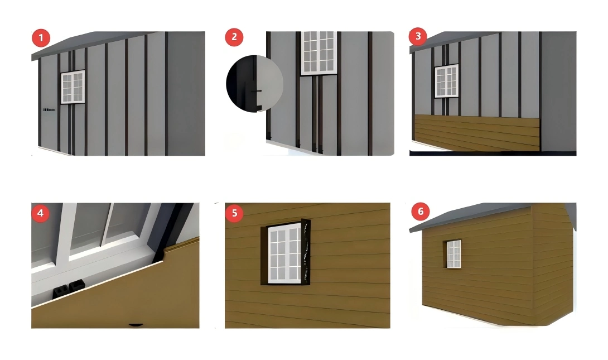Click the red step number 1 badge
[x=41, y=39]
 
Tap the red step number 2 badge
[x=234, y=37]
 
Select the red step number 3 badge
[x=418, y=37]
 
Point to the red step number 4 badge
[x=41, y=213]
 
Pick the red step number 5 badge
[x=235, y=213]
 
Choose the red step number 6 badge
[x=420, y=212]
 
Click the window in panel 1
[x=73, y=87]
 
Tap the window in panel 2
[x=319, y=52]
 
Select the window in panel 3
[x=446, y=81]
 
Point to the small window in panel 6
[x=453, y=254]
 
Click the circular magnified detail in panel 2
[x=254, y=84]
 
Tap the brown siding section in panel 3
[x=477, y=132]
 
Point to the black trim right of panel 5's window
[x=306, y=251]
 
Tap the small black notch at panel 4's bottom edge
[x=136, y=324]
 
